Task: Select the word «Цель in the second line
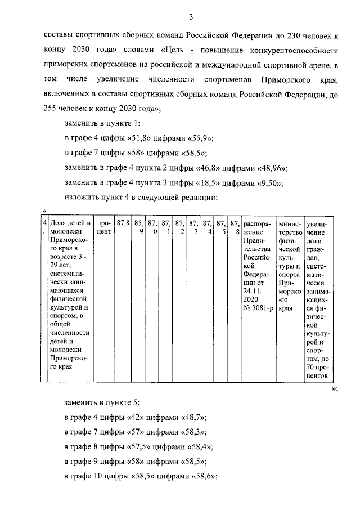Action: (175, 51)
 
